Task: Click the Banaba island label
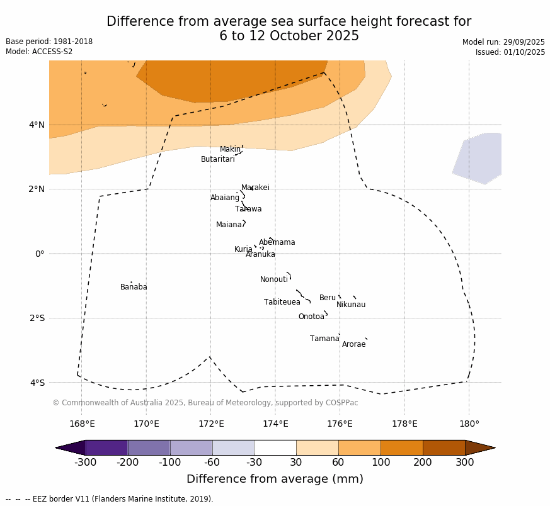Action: click(x=134, y=287)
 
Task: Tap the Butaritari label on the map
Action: click(x=217, y=159)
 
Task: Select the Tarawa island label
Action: click(x=248, y=209)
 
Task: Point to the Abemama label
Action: click(x=277, y=242)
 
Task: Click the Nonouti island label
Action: click(x=274, y=279)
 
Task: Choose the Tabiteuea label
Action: click(x=282, y=302)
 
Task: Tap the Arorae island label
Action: click(x=353, y=344)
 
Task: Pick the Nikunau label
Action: click(x=351, y=305)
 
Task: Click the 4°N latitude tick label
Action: click(x=37, y=125)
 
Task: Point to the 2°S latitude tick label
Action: click(x=37, y=318)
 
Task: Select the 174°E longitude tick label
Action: click(x=275, y=424)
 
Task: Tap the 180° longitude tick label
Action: click(x=469, y=424)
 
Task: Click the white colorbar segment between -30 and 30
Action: click(x=275, y=447)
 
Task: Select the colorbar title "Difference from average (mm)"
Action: click(x=275, y=479)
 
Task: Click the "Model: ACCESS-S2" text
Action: click(x=39, y=52)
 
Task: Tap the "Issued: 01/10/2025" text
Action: click(x=510, y=52)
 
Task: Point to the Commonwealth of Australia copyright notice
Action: click(x=205, y=403)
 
